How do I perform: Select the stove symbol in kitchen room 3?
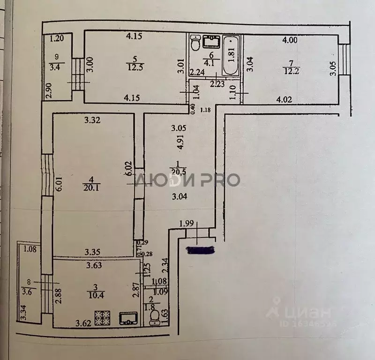102,318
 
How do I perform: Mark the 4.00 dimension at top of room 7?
290,40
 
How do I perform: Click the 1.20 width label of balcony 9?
57,39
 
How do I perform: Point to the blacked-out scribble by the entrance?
200,250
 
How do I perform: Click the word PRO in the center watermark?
220,180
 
